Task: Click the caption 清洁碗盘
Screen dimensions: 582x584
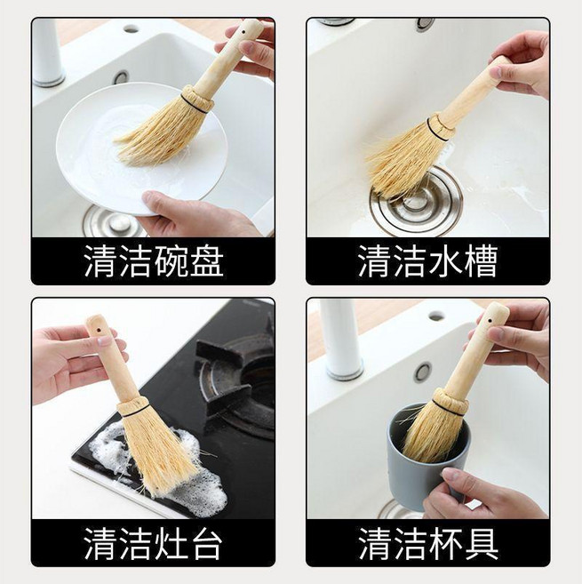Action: pos(154,260)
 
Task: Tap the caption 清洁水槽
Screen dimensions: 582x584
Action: pos(428,260)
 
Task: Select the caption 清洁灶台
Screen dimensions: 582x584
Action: pos(153,543)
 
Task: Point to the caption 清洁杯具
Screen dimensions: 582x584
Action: pos(428,543)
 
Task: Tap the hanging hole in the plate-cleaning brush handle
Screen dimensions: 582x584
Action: pos(243,32)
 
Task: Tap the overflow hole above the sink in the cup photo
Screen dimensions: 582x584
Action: pos(423,372)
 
